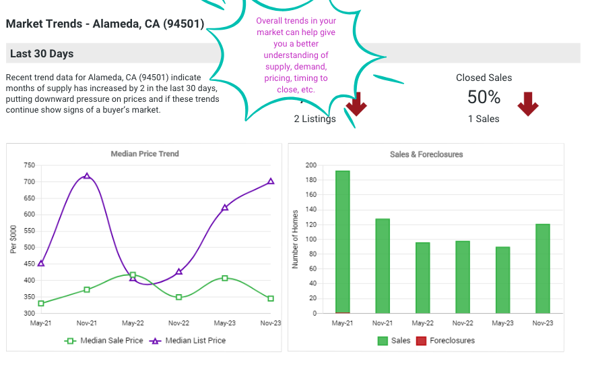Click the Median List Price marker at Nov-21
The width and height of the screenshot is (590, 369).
coord(87,176)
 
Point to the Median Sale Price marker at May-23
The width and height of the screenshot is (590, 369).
coord(225,278)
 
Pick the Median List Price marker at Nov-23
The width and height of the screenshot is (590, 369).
coord(271,181)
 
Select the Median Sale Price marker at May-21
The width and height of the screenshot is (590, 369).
coord(41,304)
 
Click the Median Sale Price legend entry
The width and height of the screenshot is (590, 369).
coord(104,341)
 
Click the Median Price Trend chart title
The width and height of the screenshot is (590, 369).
coord(145,154)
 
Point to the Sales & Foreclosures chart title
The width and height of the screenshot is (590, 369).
coord(426,154)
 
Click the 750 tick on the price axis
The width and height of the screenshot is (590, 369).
coord(29,165)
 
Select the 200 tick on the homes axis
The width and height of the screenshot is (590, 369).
coord(310,165)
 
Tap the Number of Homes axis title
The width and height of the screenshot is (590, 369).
coord(295,239)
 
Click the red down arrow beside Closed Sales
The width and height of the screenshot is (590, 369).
coord(527,104)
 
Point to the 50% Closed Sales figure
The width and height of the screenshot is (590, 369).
coord(484,98)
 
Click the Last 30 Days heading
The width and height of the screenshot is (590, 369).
coord(42,54)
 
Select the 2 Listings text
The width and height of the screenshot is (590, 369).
coord(315,119)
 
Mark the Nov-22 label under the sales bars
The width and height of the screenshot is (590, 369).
coord(462,324)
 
